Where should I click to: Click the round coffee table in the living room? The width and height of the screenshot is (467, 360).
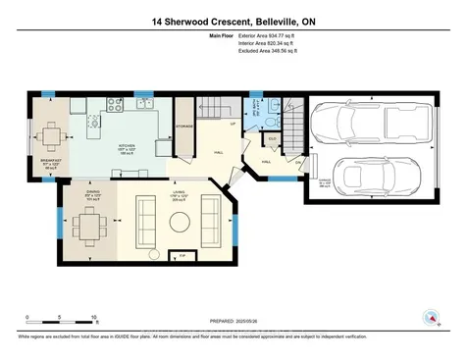point(179,222)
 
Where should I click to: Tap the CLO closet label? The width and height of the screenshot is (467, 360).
point(272,140)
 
